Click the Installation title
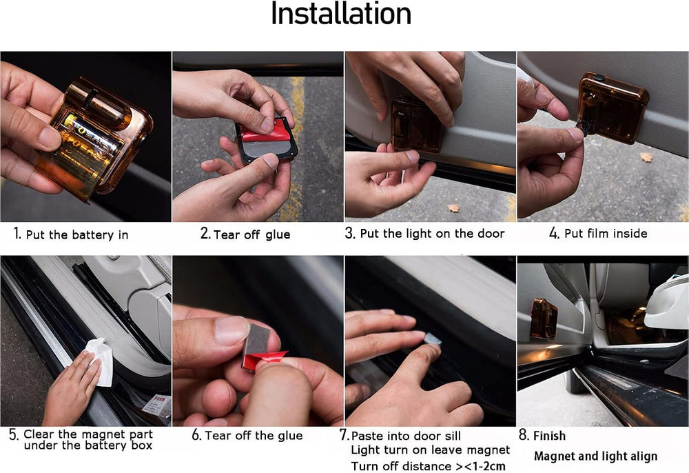tap(341, 14)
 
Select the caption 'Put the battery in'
tap(77, 234)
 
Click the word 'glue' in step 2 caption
tap(278, 234)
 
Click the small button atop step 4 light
tap(599, 78)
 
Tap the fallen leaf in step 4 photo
tap(646, 157)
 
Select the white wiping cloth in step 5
tap(100, 361)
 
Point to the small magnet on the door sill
tap(433, 339)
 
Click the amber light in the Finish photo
tap(544, 319)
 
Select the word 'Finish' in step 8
tap(549, 436)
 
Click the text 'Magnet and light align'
tap(596, 456)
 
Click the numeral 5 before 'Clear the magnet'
tap(13, 435)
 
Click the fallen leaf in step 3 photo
tap(453, 208)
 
